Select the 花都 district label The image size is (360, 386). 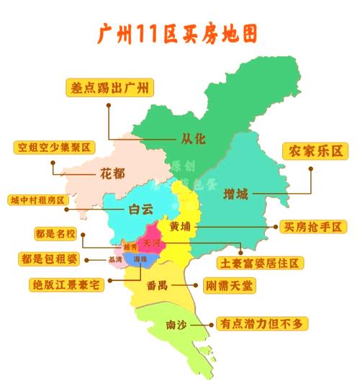tap(112, 174)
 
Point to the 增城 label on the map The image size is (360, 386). tap(235, 194)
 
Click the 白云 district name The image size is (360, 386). tap(141, 210)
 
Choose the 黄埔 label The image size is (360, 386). tap(181, 226)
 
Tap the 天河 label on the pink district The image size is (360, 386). tap(151, 243)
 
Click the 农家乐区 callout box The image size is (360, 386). tap(315, 151)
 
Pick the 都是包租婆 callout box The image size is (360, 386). tap(48, 259)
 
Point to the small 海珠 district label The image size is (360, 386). tap(141, 259)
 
